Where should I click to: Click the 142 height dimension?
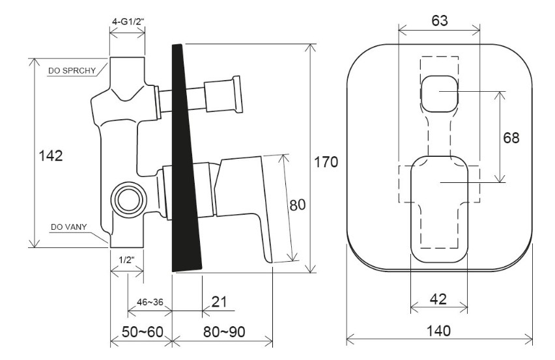pyautogui.click(x=51, y=156)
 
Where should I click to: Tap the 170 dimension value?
pyautogui.click(x=326, y=162)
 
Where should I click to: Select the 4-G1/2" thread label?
pyautogui.click(x=128, y=21)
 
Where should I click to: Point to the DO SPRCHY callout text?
pyautogui.click(x=72, y=71)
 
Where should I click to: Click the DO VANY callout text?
pyautogui.click(x=68, y=227)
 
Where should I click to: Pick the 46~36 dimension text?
pyautogui.click(x=150, y=302)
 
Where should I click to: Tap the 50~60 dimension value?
pyautogui.click(x=143, y=332)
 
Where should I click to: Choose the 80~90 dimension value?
pyautogui.click(x=224, y=332)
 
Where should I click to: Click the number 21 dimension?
pyautogui.click(x=219, y=301)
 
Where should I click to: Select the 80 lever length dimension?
pyautogui.click(x=297, y=205)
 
